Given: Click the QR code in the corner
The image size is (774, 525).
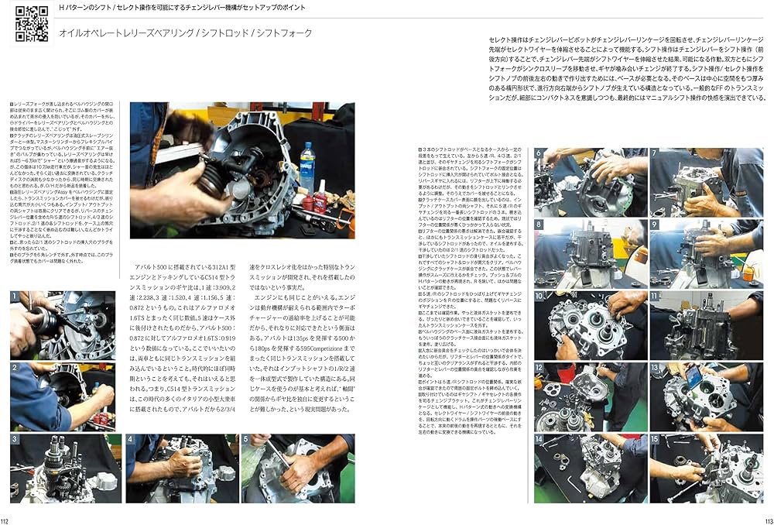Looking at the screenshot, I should (x=32, y=23).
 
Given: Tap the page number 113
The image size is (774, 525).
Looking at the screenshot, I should (x=767, y=520).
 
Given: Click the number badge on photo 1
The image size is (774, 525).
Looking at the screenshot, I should (x=15, y=296).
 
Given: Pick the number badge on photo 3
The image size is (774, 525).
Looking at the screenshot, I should (x=15, y=439).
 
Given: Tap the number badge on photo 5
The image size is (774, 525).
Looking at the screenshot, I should (x=245, y=439).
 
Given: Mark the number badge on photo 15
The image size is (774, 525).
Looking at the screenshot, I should (x=654, y=438).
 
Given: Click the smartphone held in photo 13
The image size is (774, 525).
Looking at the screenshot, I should (x=693, y=379).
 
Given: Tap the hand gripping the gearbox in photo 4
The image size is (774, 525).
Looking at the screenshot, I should (x=183, y=463).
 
